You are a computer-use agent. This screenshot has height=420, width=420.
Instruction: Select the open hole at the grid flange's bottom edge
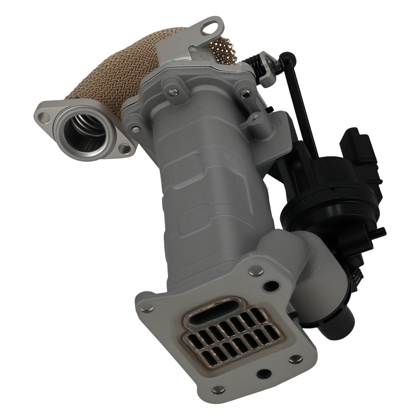[x=263, y=373]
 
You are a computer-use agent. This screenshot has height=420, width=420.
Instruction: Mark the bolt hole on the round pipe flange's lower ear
[x=124, y=148]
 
